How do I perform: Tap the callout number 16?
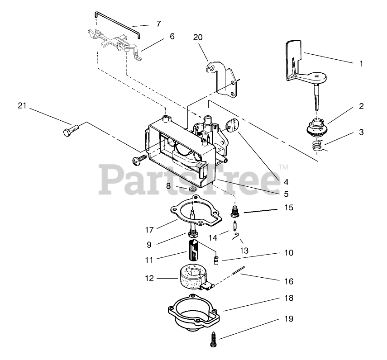[288, 281]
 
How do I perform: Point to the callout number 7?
[158, 24]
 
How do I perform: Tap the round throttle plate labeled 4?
[232, 125]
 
